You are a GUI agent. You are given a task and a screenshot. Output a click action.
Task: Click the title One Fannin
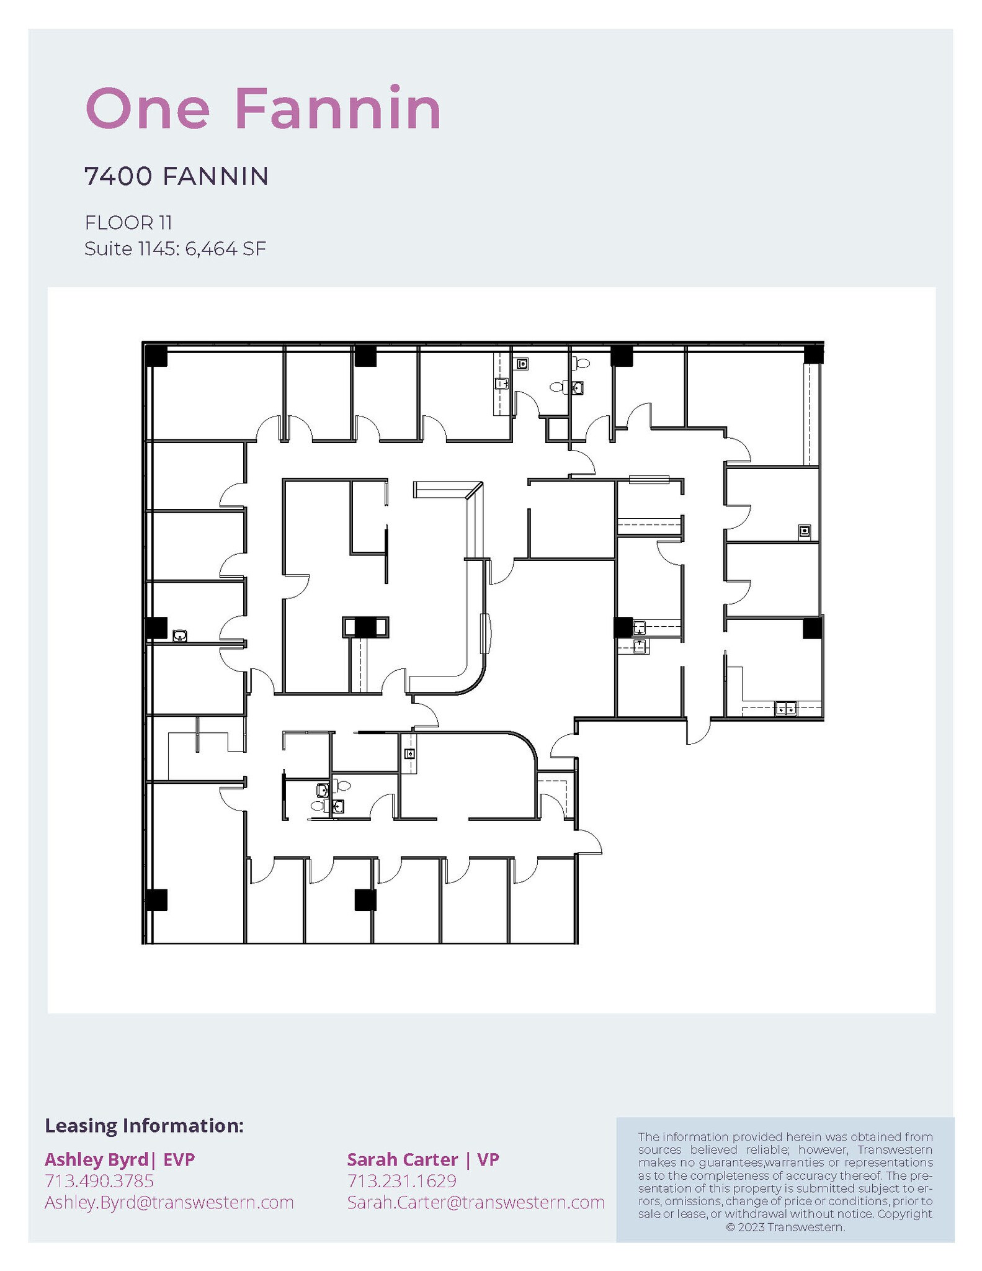[263, 109]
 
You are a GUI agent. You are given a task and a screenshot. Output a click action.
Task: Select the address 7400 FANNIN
[177, 176]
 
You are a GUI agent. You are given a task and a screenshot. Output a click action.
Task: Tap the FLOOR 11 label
[128, 222]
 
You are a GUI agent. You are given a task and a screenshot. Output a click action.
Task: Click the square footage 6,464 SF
[226, 249]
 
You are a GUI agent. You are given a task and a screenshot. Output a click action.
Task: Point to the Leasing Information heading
[144, 1125]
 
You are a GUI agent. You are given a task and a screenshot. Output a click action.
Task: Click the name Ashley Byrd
[96, 1159]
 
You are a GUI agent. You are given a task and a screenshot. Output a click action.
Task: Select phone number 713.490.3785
[99, 1180]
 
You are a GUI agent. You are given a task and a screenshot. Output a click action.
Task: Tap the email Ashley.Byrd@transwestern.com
[169, 1202]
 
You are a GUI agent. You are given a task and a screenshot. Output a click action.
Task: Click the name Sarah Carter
[402, 1159]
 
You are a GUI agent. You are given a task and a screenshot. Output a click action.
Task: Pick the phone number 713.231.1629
[402, 1180]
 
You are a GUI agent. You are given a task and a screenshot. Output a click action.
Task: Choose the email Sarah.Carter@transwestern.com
[476, 1202]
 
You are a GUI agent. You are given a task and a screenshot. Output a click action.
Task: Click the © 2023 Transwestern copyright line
[785, 1227]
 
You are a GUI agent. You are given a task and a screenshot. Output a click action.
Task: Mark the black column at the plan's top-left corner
[156, 356]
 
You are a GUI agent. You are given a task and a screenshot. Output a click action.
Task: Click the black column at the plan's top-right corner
[813, 355]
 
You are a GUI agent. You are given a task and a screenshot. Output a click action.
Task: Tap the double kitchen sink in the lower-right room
[785, 708]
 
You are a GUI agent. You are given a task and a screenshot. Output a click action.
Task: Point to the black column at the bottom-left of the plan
[156, 899]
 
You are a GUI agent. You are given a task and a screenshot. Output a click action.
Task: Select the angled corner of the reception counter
[475, 490]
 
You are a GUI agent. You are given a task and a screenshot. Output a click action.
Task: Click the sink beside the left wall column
[180, 635]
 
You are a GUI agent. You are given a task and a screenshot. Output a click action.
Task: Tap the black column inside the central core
[365, 627]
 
